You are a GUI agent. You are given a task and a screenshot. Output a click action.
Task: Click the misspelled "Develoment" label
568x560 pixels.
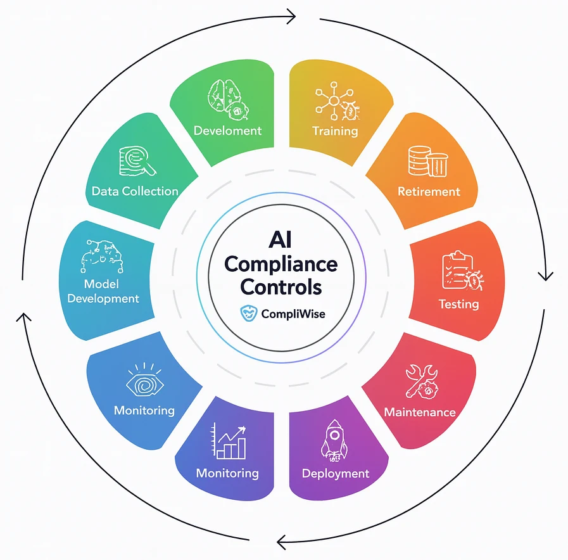(227, 131)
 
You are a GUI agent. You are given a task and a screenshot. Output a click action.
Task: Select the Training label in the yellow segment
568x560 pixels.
(335, 132)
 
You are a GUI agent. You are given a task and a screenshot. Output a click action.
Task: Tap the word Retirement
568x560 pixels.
(429, 191)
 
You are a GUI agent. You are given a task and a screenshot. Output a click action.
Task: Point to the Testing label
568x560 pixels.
(458, 304)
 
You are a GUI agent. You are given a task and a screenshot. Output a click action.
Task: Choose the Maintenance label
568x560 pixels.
(420, 412)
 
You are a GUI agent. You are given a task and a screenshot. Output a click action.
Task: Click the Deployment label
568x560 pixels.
(335, 474)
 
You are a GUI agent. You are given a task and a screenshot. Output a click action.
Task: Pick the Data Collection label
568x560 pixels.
(135, 191)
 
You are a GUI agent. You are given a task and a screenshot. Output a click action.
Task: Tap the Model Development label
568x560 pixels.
(103, 291)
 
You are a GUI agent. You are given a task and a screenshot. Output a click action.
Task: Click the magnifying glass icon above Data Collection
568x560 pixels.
(138, 161)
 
